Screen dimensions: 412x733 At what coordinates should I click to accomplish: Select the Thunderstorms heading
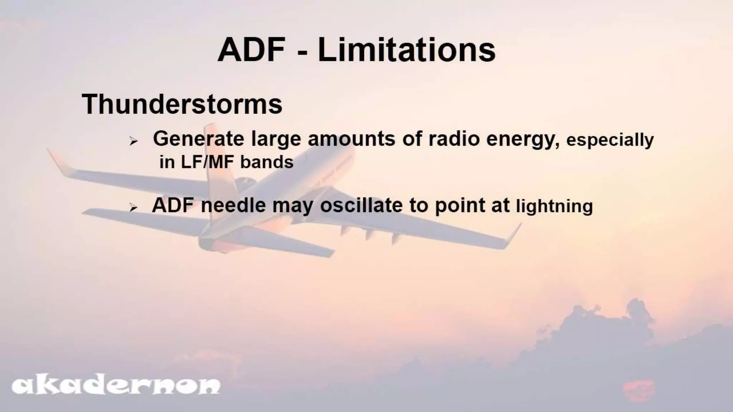point(182,104)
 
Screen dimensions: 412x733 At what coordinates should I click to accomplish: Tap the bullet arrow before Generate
point(134,142)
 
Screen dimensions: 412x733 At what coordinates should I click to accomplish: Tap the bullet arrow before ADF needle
point(134,208)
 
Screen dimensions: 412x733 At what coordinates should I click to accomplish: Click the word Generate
point(199,139)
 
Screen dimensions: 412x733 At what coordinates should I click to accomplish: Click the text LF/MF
point(208,162)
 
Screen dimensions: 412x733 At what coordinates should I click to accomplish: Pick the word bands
point(267,162)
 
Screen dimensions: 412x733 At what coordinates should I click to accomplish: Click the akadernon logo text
point(116,386)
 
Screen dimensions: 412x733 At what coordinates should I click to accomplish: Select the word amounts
point(351,139)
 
